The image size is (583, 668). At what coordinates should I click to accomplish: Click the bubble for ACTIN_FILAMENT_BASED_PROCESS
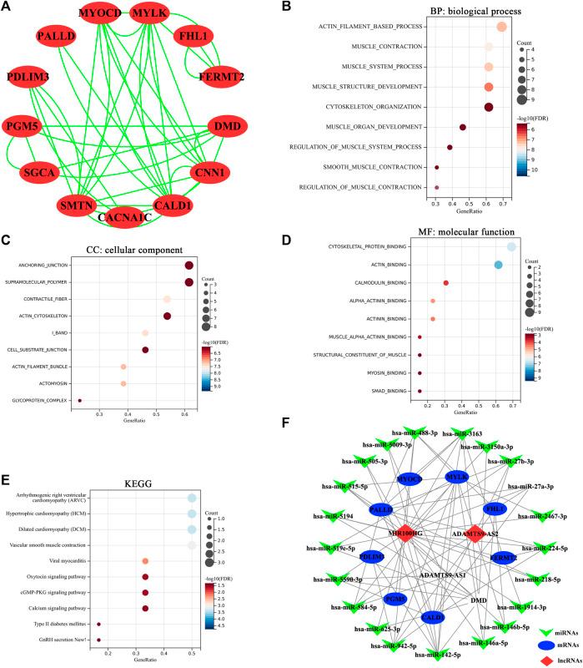[x=501, y=28]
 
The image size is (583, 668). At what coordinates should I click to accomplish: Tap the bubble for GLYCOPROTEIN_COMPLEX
[x=80, y=401]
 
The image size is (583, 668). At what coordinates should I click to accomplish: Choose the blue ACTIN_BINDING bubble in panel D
[x=498, y=265]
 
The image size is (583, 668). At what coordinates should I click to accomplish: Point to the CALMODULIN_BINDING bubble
[x=446, y=283]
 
